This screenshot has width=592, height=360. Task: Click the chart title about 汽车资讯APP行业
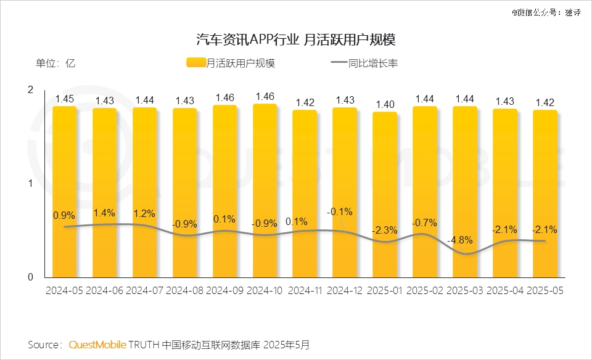coord(295,40)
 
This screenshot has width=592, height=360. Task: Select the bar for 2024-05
coord(64,191)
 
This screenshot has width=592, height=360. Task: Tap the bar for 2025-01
coord(385,194)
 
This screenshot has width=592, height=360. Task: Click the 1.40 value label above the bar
coord(385,104)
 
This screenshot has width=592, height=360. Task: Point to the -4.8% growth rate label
coord(465,240)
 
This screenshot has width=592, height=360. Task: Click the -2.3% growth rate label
coord(385,230)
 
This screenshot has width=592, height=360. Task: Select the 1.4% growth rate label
coord(104,213)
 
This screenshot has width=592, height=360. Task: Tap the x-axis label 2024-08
coord(184,290)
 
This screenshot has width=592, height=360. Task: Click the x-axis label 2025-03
coord(465,290)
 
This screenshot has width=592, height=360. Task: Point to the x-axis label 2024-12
coord(345,290)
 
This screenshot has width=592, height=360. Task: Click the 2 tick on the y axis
coord(30,90)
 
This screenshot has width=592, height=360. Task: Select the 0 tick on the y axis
coord(30,277)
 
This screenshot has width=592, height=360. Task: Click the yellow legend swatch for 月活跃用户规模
coord(195,62)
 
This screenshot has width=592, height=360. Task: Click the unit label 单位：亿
coord(55,62)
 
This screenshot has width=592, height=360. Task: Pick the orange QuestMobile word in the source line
coord(98,344)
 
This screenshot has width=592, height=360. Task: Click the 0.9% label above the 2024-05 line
coord(64,215)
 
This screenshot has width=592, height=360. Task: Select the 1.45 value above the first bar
coord(64,98)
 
